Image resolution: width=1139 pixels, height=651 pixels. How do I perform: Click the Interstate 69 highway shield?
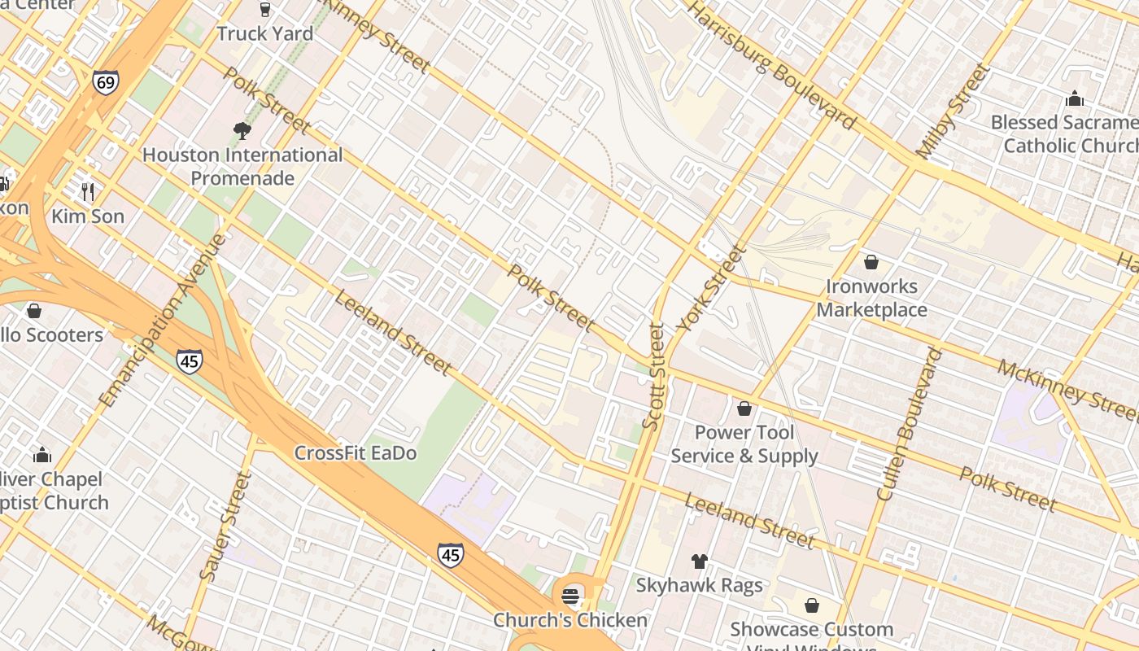[x=105, y=82]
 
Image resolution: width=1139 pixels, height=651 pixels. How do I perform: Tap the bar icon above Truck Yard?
[x=264, y=10]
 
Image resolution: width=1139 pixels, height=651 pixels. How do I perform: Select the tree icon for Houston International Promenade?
[x=242, y=130]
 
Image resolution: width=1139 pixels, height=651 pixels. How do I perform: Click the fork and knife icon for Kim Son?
[x=88, y=192]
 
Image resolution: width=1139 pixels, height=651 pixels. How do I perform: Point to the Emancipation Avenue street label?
[x=163, y=321]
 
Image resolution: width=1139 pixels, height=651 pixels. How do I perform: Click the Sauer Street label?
[x=225, y=526]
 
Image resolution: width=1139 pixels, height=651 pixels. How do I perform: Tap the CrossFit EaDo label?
[x=356, y=453]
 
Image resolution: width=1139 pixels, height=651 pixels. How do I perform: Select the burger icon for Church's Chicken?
[x=570, y=596]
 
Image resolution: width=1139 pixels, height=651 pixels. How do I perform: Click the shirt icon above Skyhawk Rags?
[x=699, y=561]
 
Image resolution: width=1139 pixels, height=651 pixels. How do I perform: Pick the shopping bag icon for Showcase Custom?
[x=811, y=605]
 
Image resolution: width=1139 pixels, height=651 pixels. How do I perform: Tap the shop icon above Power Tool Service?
[x=744, y=409]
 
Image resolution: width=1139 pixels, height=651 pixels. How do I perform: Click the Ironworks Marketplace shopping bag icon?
[x=871, y=262]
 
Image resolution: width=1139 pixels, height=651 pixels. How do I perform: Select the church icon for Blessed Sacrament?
[x=1074, y=99]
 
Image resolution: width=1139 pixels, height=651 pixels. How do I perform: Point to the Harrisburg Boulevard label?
[x=771, y=65]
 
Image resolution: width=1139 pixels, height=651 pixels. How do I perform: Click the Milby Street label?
[x=954, y=111]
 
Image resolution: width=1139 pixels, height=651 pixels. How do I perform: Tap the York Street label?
[x=711, y=288]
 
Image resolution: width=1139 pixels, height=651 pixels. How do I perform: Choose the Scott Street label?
[x=653, y=376]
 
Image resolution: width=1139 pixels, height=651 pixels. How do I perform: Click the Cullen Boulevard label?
[x=910, y=424]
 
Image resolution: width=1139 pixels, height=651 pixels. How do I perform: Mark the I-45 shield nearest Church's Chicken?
[x=450, y=555]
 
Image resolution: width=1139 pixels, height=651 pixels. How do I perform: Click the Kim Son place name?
[x=88, y=216]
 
